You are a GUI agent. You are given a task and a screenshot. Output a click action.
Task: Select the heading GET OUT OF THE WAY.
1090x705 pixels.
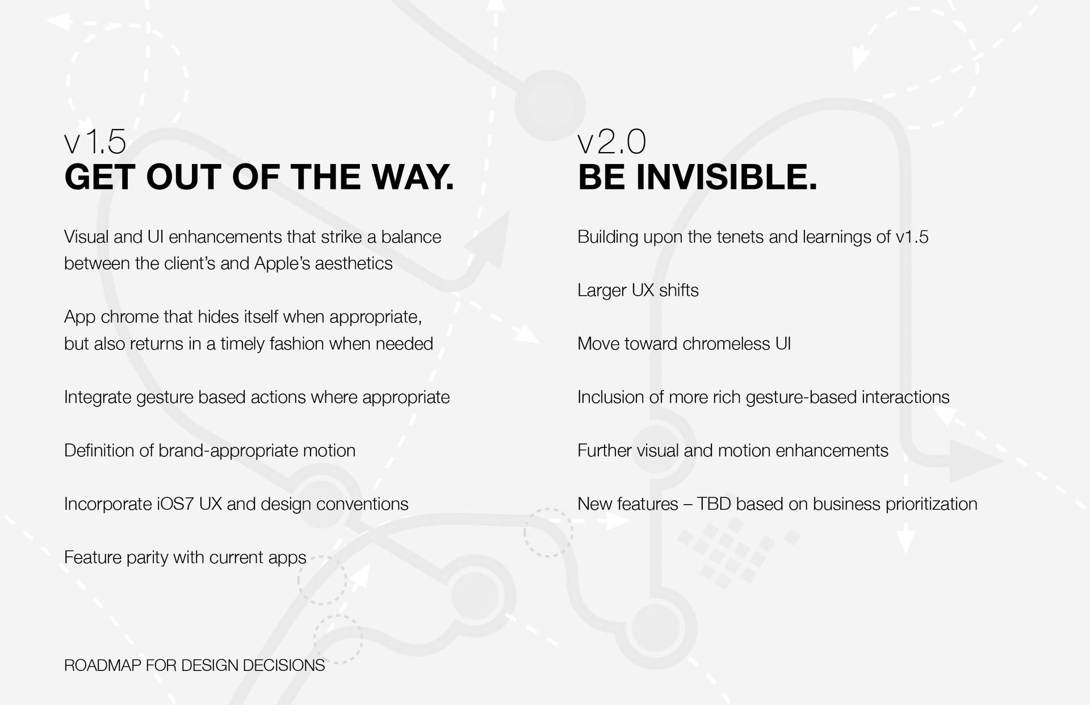pos(259,177)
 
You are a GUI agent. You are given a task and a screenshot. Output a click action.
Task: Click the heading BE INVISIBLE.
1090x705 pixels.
pos(698,177)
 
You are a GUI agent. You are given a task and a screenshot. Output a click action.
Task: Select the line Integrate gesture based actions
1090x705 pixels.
pos(257,397)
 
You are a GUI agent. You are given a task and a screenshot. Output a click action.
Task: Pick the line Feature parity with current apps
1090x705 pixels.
pos(185,557)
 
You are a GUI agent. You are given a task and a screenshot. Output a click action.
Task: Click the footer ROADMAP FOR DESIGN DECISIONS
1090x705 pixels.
pos(195,665)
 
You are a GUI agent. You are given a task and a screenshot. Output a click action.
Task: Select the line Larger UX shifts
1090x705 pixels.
pos(638,291)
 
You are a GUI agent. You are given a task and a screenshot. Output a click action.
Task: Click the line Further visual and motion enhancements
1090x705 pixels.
pos(733,451)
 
